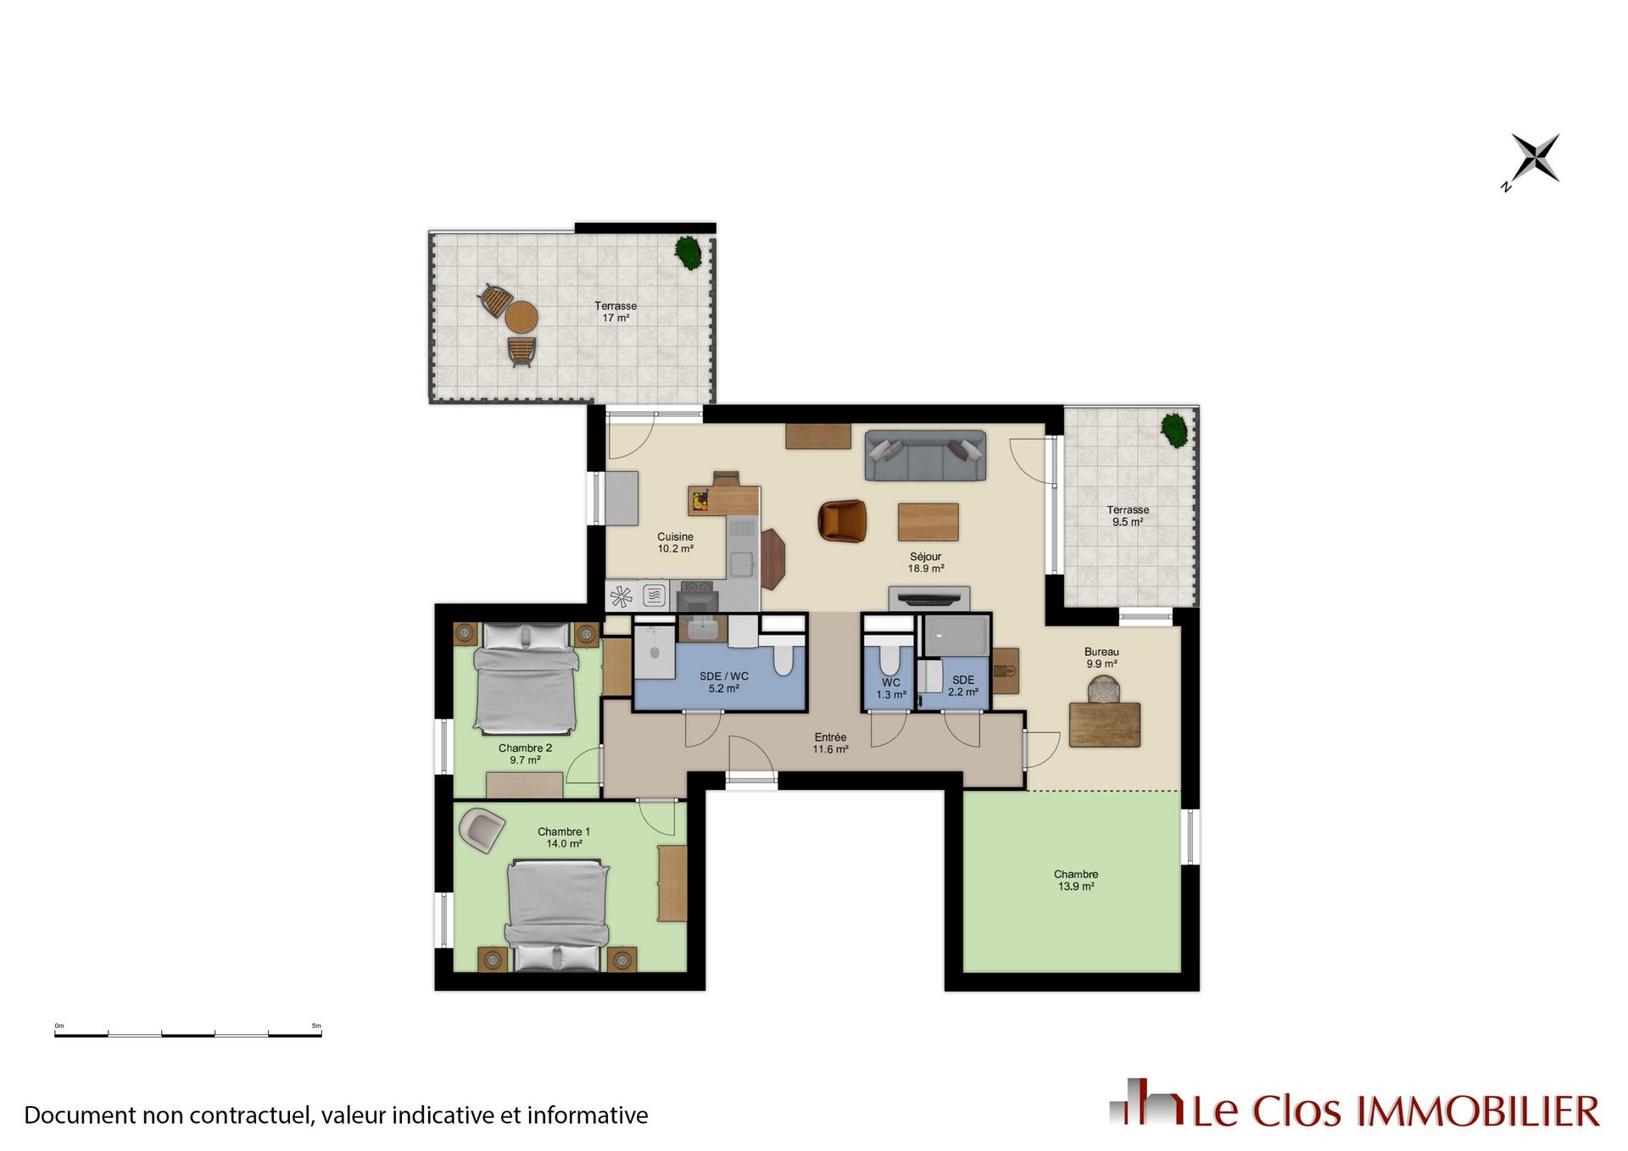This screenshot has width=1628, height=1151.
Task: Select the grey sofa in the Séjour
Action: (x=925, y=456)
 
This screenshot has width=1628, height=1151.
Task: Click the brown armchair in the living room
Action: (x=842, y=520)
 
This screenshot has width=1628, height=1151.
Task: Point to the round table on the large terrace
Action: (x=521, y=317)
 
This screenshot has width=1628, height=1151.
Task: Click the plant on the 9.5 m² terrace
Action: (x=1174, y=430)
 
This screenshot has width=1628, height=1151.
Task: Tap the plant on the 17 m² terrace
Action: (x=689, y=253)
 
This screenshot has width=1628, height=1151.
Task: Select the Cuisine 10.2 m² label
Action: (x=676, y=542)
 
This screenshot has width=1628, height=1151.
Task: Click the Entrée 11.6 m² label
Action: (x=831, y=743)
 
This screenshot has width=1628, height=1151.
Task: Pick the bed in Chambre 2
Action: (x=526, y=679)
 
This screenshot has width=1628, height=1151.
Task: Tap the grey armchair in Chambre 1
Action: (x=481, y=830)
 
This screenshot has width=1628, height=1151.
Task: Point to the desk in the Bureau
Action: (x=1105, y=725)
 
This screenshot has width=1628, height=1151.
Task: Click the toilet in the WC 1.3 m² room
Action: (x=889, y=657)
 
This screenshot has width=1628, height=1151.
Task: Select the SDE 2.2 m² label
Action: (x=963, y=686)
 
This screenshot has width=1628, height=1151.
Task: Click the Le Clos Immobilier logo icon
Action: (x=1147, y=1102)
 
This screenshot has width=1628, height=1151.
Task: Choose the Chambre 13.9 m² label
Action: (x=1076, y=880)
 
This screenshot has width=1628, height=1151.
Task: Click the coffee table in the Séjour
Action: (x=928, y=522)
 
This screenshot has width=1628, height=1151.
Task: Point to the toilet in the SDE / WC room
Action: (x=783, y=656)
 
